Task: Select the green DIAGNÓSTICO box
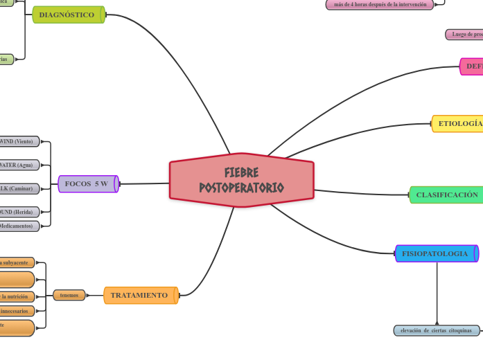(68, 15)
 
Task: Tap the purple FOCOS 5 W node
(87, 183)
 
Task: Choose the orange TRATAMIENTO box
(140, 296)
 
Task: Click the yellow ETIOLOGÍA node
(457, 124)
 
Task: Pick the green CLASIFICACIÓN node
(446, 195)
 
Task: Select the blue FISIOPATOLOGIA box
(435, 253)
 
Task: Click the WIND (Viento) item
(18, 142)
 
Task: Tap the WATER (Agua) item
(18, 165)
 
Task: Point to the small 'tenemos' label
(69, 296)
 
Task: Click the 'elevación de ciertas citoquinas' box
(436, 331)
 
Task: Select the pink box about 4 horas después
(380, 4)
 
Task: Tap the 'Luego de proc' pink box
(465, 34)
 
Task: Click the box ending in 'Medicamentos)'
(18, 226)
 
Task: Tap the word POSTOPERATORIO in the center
(241, 188)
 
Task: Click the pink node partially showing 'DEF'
(472, 66)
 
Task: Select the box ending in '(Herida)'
(18, 212)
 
